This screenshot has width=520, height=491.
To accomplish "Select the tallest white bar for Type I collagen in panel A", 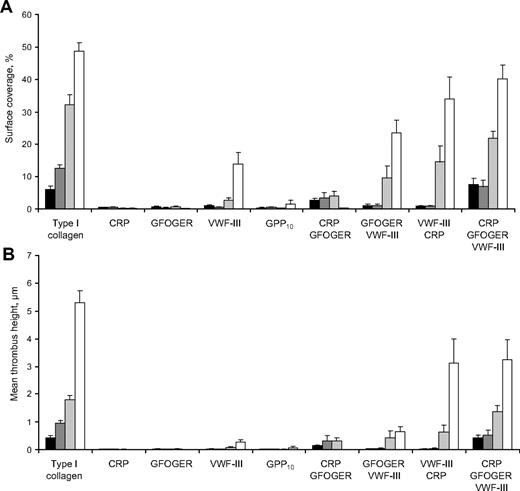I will point(79,130).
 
